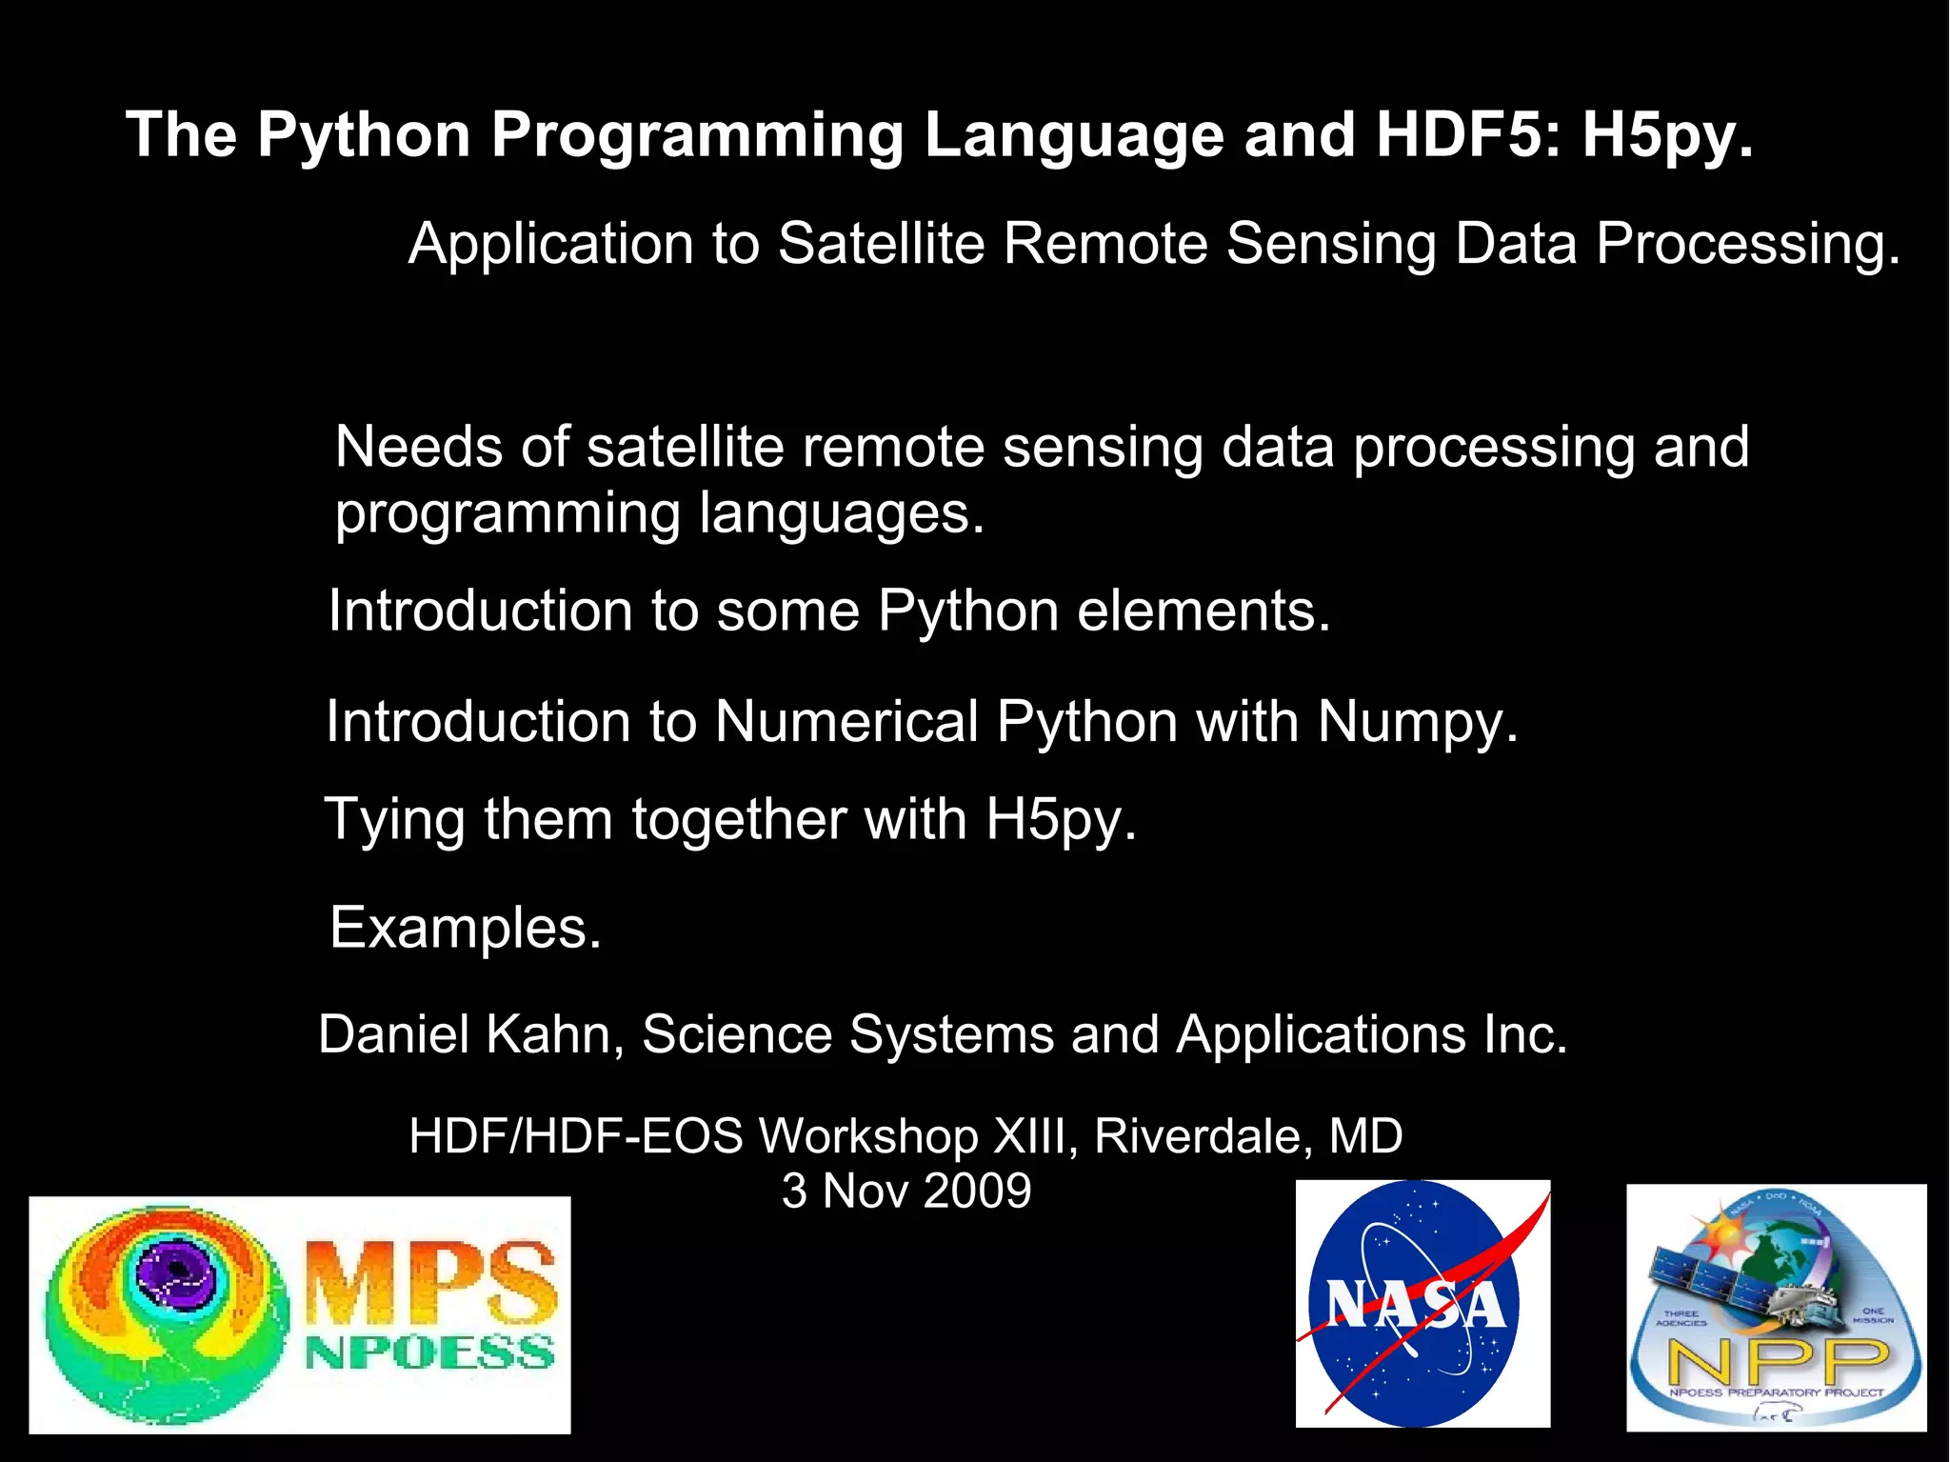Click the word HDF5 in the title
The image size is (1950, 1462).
tap(1466, 134)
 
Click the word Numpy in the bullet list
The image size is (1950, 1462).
tap(1416, 721)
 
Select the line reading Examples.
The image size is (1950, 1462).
tap(465, 928)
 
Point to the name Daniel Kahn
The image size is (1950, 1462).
tap(464, 1034)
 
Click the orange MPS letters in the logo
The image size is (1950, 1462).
tap(430, 1282)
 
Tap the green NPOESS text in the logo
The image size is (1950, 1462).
tap(430, 1352)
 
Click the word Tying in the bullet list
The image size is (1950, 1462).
tap(394, 820)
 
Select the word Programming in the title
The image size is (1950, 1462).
tap(696, 136)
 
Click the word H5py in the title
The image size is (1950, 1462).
tap(1666, 136)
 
